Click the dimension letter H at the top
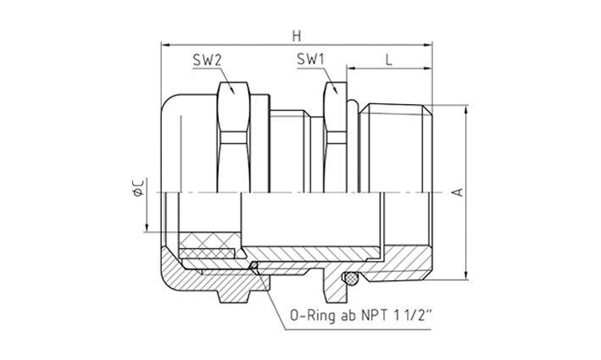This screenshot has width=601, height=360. click(x=297, y=36)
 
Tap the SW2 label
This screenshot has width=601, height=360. click(x=207, y=60)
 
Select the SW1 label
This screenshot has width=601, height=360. click(x=310, y=59)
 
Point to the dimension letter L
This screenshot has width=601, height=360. click(x=388, y=60)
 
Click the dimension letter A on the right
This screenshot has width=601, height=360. click(x=458, y=192)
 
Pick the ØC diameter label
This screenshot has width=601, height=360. click(x=138, y=188)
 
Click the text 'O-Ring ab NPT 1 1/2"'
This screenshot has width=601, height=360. click(x=360, y=316)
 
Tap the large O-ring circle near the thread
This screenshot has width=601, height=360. click(x=350, y=278)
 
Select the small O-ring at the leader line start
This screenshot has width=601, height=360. click(x=253, y=265)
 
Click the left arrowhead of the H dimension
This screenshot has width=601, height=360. click(x=165, y=45)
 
